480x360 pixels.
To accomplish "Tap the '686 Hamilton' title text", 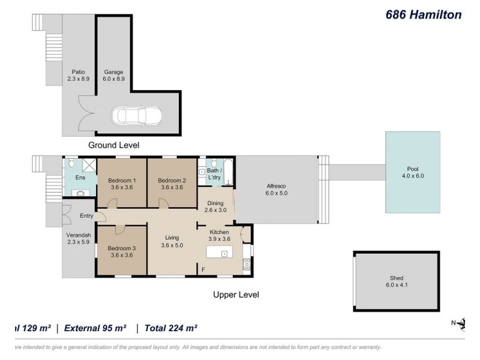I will click(423, 15).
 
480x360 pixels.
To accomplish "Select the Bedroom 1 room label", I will click(122, 181).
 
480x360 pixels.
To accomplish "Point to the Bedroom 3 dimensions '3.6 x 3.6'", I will click(122, 255).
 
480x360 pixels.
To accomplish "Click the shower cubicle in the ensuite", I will click(88, 165).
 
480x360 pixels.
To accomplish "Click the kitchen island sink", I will click(224, 254).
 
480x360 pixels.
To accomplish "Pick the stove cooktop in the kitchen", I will click(245, 264).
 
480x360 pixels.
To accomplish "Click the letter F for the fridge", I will click(203, 269).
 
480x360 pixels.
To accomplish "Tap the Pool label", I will click(412, 169).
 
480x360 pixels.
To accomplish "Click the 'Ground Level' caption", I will click(114, 145).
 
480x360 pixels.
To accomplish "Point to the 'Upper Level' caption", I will click(236, 295).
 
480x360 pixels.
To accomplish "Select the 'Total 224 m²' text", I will click(167, 328).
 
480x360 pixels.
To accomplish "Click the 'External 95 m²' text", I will click(96, 328).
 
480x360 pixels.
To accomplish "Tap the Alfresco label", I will click(277, 186).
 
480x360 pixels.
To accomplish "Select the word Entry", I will click(86, 216).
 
